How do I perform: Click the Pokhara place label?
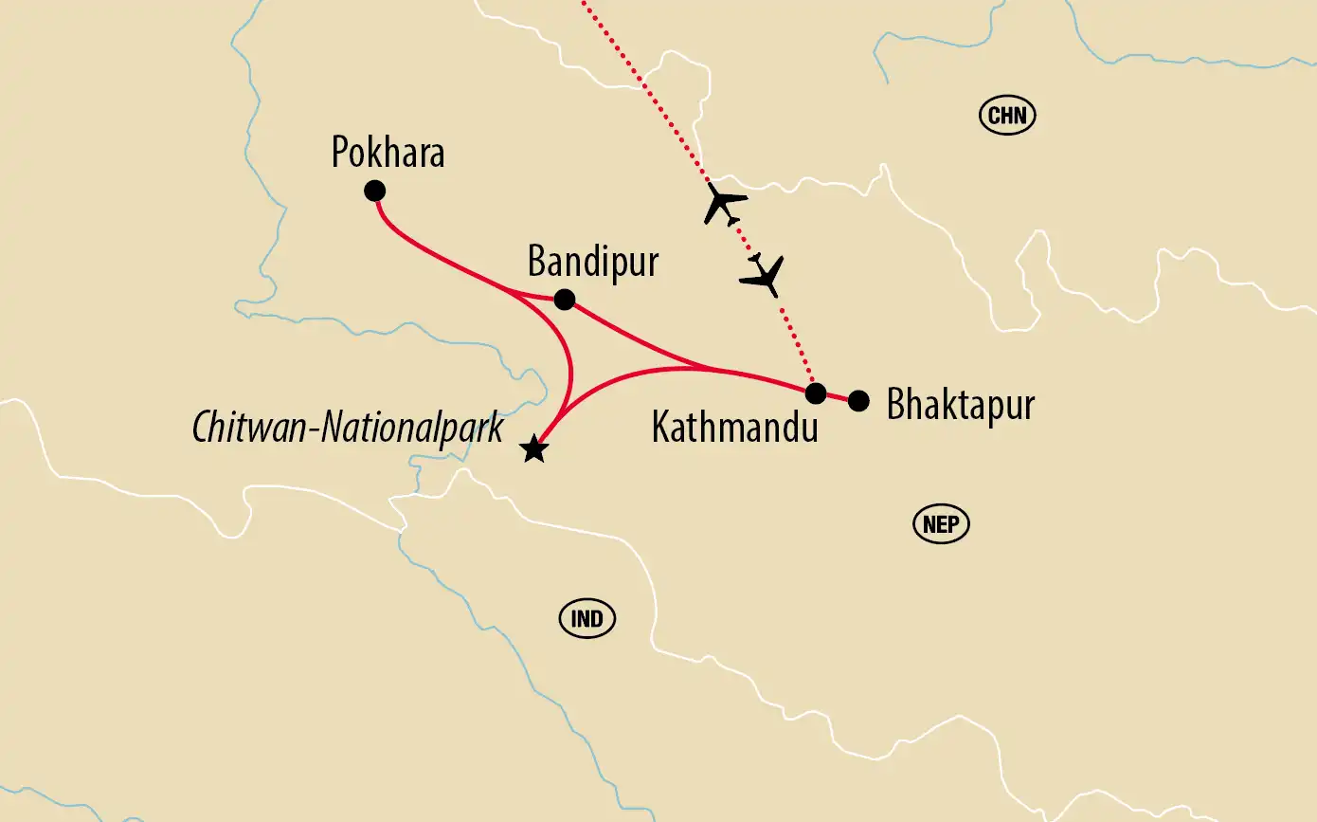[x=388, y=152]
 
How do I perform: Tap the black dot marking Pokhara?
[x=374, y=191]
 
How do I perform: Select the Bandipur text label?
[x=592, y=261]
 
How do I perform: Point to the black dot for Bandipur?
[x=564, y=300]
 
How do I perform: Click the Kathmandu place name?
[x=734, y=428]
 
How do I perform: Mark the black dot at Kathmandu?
[x=816, y=393]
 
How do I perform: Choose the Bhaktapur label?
[x=960, y=405]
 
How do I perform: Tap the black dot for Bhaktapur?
[x=858, y=401]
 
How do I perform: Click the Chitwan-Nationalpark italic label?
[x=348, y=428]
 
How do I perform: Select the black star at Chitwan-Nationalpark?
[x=534, y=449]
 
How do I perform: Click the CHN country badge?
[x=1007, y=116]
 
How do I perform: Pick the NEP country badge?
[x=941, y=524]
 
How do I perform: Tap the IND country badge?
[x=587, y=619]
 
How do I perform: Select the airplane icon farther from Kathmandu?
[x=726, y=204]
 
